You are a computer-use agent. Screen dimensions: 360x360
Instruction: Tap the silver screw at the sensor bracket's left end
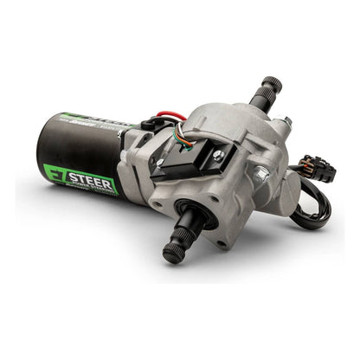pos(160,162)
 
